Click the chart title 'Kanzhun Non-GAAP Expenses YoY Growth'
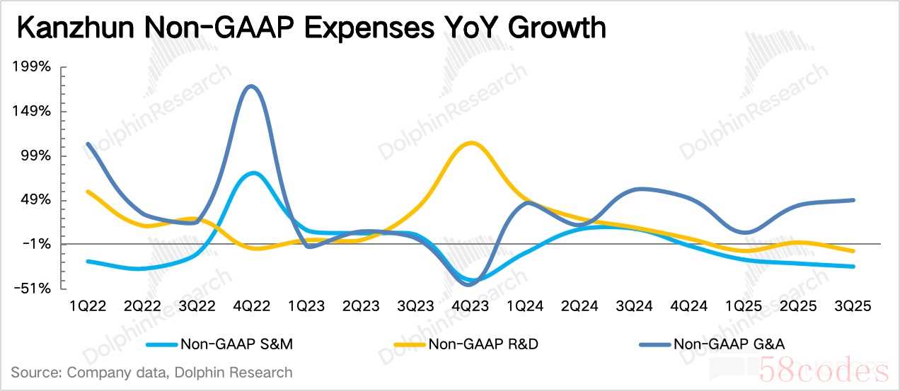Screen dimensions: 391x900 pos(311,28)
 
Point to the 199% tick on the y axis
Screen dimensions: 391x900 pos(31,67)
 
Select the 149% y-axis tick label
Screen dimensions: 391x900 pos(31,112)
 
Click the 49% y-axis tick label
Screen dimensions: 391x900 pos(35,200)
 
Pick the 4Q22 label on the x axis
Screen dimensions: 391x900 pos(251,306)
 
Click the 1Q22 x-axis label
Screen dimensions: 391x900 pos(88,306)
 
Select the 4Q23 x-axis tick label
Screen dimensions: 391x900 pos(470,306)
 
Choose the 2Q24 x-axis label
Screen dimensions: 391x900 pos(579,306)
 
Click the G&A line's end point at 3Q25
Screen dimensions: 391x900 pos(854,200)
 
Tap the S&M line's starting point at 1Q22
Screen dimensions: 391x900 pos(88,262)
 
